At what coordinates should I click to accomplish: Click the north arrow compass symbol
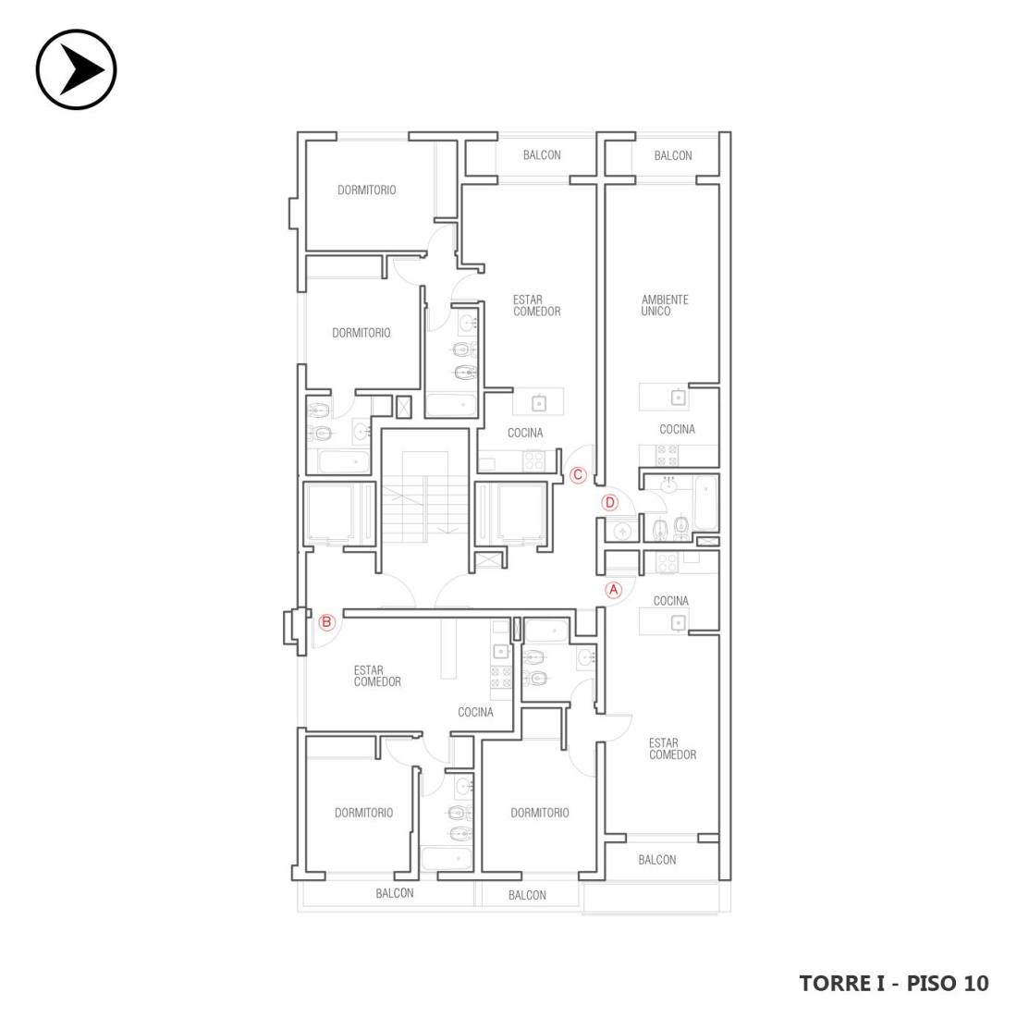pos(76,69)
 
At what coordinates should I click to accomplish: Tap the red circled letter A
pos(614,590)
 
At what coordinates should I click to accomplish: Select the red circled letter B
pos(327,622)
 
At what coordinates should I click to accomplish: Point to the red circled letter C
pos(577,475)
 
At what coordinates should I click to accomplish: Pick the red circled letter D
pos(609,503)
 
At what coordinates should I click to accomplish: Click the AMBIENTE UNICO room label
pos(664,305)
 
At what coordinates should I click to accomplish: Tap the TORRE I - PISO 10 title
pos(894,984)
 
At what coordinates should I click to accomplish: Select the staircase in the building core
pos(425,496)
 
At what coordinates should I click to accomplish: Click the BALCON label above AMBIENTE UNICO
pos(672,155)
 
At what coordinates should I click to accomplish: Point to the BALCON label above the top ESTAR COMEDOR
pos(542,155)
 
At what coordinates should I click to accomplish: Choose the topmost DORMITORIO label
pos(366,190)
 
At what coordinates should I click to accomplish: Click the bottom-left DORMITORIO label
pos(363,813)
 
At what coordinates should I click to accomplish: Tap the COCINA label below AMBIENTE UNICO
pos(677,429)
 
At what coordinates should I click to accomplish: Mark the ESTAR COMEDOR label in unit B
pos(377,676)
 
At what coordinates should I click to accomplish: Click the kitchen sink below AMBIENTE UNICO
pos(679,397)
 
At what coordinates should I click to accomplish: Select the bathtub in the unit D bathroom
pos(705,503)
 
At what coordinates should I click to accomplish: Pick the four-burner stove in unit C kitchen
pos(534,460)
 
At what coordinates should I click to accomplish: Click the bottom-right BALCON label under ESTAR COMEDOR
pos(656,860)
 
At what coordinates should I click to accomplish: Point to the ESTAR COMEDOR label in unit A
pos(672,749)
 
